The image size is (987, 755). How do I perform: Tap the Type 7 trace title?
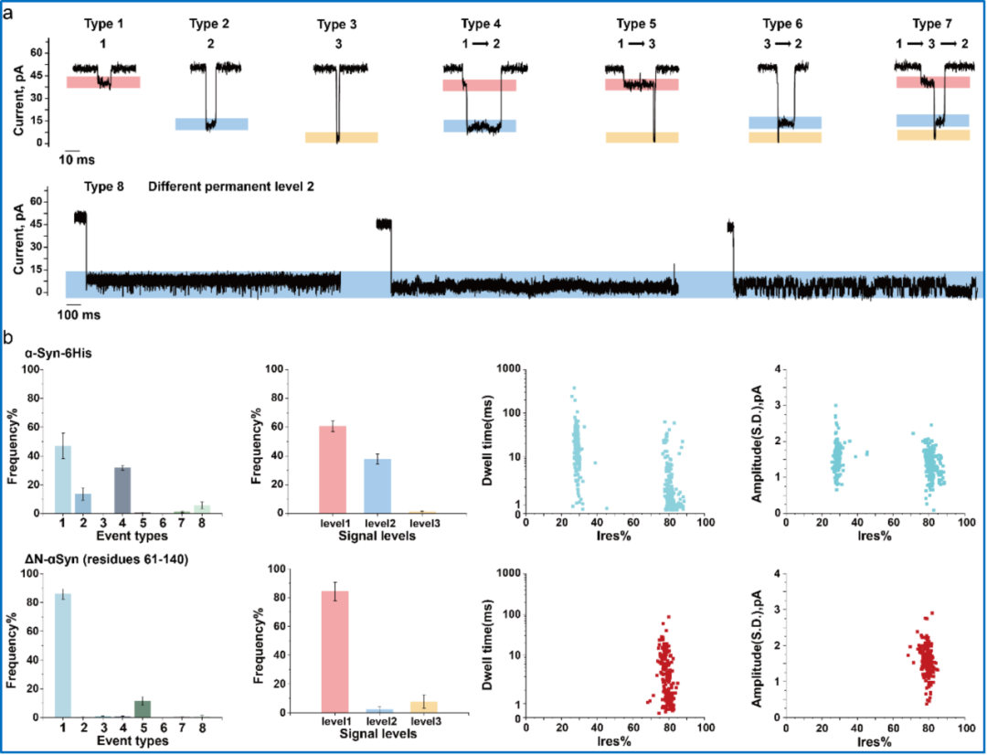pyautogui.click(x=933, y=23)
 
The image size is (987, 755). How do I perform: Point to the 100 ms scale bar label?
pyautogui.click(x=81, y=314)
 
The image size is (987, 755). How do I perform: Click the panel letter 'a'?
pyautogui.click(x=8, y=11)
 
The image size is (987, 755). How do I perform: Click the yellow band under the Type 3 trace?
pyautogui.click(x=341, y=137)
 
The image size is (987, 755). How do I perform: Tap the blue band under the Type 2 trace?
pyautogui.click(x=211, y=123)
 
